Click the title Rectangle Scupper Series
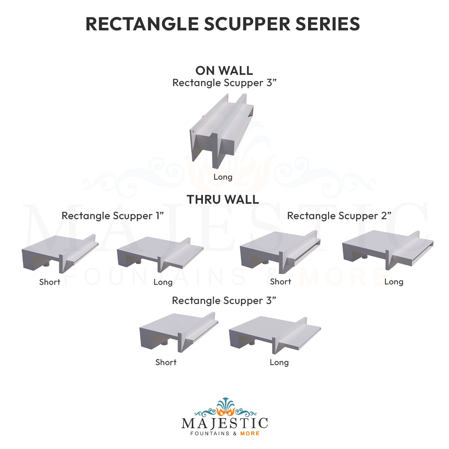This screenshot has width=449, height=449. tap(222, 24)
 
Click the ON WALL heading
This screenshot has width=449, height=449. tap(224, 70)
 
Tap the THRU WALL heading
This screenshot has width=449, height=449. tap(223, 200)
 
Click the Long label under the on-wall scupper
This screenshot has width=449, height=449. tap(223, 177)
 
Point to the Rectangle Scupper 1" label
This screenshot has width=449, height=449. tap(113, 216)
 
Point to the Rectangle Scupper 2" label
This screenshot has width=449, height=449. tap(339, 216)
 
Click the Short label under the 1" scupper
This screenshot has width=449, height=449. tap(50, 282)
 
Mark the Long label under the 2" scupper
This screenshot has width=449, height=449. tap(394, 282)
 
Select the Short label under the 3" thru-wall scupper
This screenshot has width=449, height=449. tap(166, 362)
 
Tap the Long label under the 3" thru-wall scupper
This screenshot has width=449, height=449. tap(279, 362)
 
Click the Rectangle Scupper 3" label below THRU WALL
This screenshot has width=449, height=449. tap(224, 301)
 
